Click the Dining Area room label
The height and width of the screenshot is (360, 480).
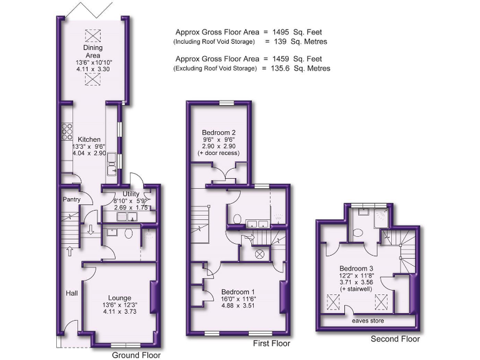(92, 50)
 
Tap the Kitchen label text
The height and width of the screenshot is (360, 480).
(89, 139)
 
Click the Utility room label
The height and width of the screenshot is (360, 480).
(131, 194)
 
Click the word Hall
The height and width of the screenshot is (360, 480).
(72, 292)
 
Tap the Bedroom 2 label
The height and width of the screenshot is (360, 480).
(218, 132)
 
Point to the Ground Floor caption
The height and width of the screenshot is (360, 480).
(136, 355)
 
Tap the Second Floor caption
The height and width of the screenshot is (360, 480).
(395, 339)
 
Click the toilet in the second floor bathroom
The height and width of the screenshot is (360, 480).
(358, 232)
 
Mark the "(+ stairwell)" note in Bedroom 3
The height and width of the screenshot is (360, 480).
(353, 289)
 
